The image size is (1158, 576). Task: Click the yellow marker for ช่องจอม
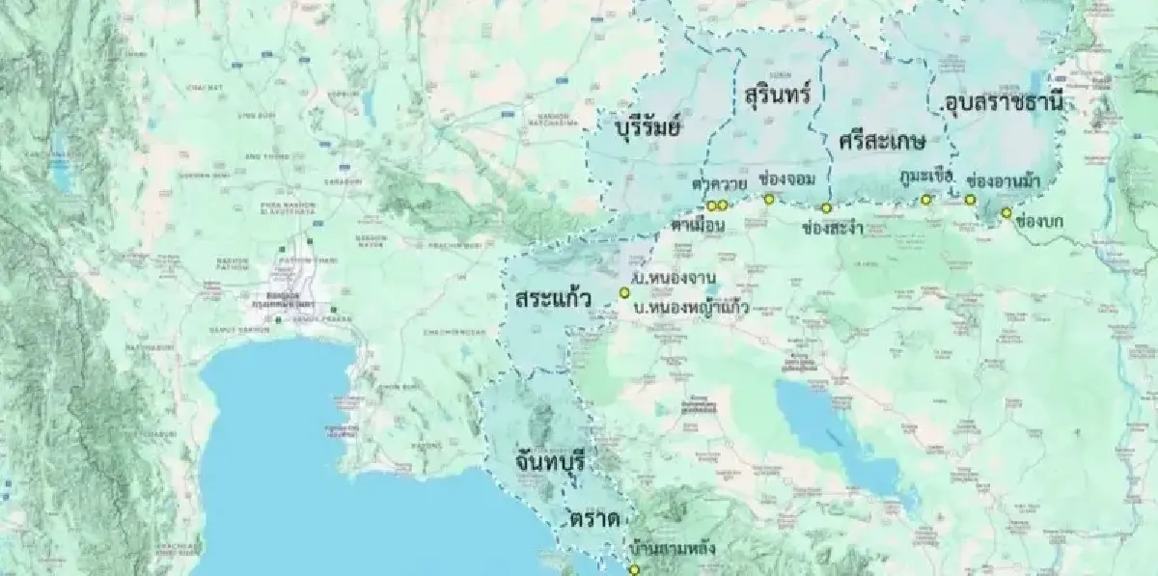pos(769,200)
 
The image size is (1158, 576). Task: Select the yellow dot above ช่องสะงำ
pos(826,208)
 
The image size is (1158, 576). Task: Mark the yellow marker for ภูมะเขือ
pos(925,200)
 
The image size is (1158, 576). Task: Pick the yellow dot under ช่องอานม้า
pos(970,200)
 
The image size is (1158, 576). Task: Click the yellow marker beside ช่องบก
pos(1006,212)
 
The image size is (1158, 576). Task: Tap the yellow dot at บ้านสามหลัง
pos(634,569)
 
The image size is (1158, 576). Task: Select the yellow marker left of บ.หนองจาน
pos(623,292)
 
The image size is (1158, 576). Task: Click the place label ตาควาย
pos(714,182)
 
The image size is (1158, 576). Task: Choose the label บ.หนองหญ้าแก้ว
pos(692,309)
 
